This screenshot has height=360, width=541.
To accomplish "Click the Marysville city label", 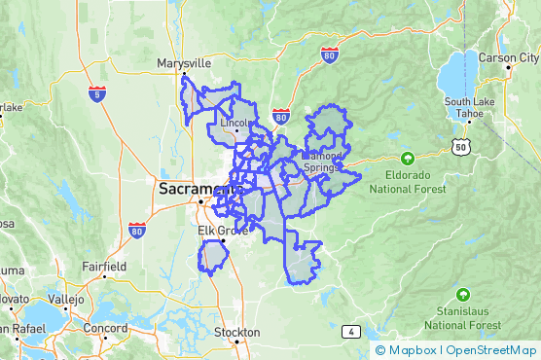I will (x=184, y=64).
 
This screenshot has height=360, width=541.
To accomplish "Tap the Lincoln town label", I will (x=235, y=124).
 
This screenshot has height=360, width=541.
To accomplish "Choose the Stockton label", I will (x=237, y=333).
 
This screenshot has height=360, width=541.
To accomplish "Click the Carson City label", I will (x=509, y=58).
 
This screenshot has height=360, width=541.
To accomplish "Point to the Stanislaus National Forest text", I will (x=464, y=317).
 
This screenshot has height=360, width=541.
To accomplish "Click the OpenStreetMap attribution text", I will (x=491, y=350).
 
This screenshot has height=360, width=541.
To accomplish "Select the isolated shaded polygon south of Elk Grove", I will (x=213, y=256).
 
